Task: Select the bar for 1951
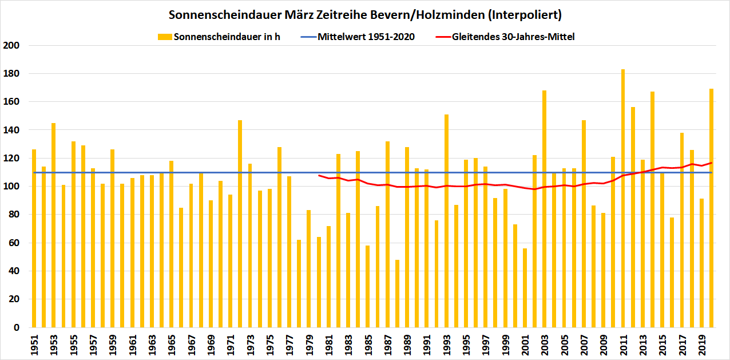(34, 238)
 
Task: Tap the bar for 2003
(544, 209)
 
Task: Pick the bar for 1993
(446, 221)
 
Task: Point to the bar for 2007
(584, 224)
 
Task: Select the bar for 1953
(53, 225)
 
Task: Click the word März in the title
(291, 14)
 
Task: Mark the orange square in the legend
(165, 37)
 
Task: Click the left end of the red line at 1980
(319, 175)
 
